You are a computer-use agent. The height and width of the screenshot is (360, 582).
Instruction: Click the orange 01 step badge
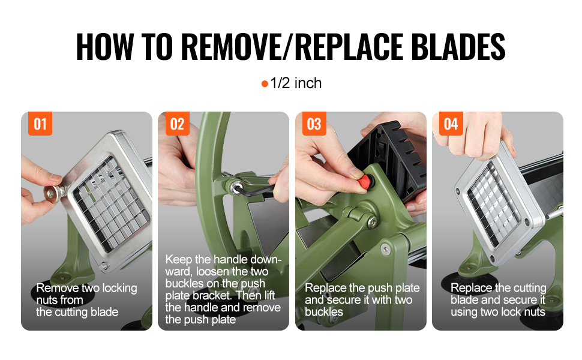40,124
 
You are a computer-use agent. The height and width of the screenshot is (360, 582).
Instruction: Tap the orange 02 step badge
177,124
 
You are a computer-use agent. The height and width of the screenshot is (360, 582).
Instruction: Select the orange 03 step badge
314,124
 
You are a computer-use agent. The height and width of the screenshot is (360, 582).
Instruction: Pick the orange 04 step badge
451,124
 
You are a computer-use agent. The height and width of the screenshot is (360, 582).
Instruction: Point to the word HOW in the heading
104,47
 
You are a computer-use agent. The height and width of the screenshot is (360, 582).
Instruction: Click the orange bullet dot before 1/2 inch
265,84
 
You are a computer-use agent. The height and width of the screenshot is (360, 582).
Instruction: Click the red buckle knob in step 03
365,182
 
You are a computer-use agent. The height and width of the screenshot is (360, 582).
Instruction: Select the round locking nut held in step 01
51,193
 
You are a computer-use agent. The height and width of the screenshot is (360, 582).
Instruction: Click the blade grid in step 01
112,203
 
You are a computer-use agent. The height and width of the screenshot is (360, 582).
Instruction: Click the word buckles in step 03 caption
323,312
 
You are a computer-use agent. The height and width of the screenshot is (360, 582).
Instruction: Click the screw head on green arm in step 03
371,222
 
